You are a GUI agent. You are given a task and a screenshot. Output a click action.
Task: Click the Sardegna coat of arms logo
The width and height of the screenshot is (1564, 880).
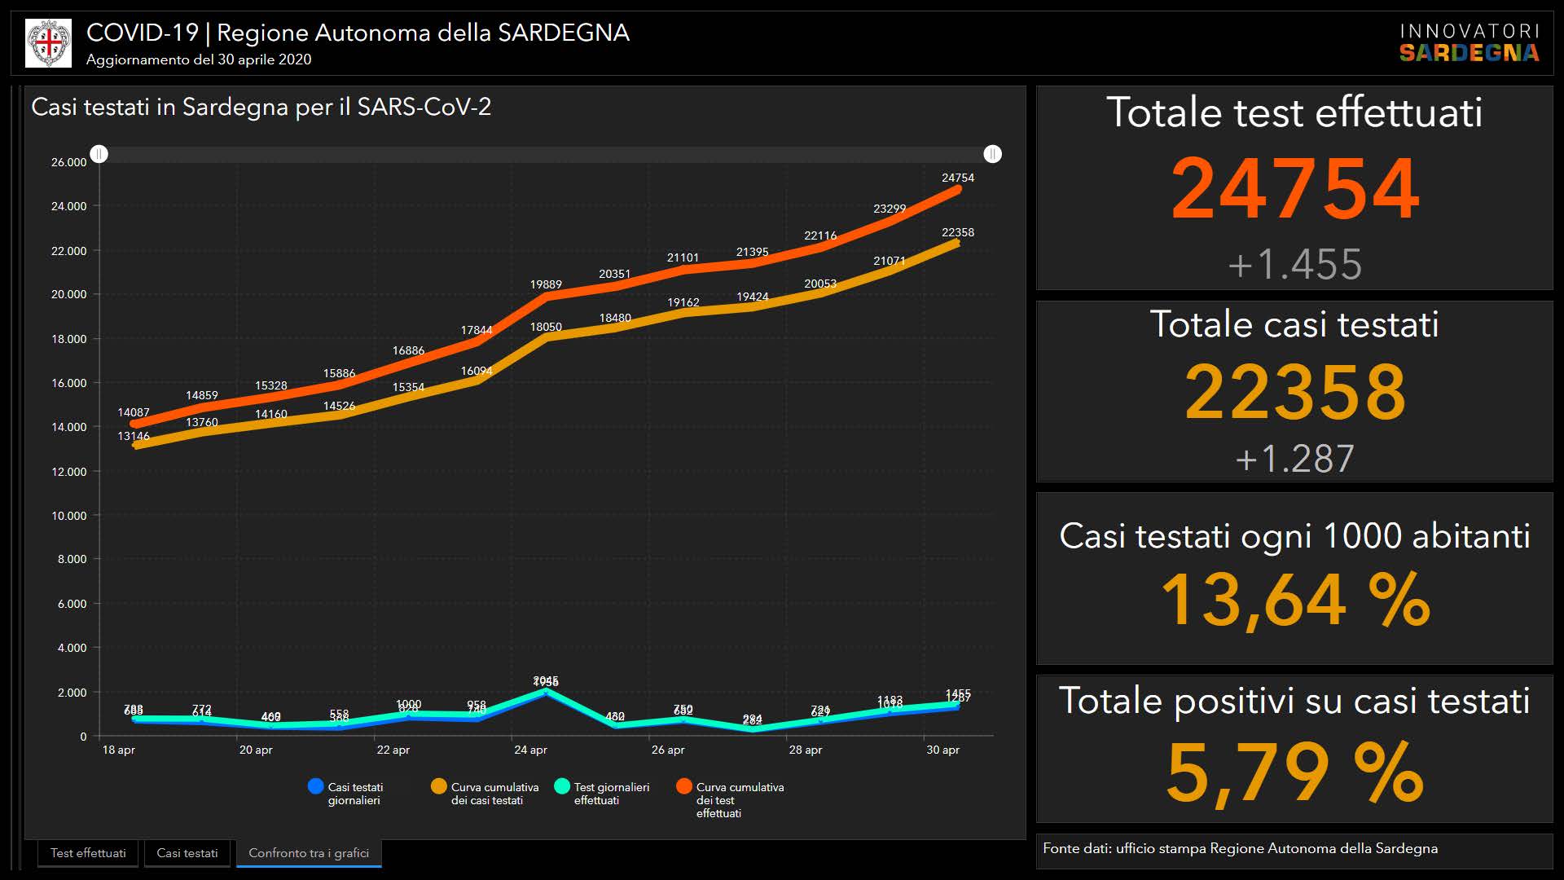(x=48, y=43)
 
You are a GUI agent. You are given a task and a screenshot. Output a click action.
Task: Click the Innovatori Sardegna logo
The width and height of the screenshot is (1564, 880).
(x=1469, y=43)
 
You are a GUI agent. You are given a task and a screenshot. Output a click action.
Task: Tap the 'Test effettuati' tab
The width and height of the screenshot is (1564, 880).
(x=88, y=853)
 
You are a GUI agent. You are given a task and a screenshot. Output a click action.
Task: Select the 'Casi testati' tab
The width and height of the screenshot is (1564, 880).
(x=187, y=853)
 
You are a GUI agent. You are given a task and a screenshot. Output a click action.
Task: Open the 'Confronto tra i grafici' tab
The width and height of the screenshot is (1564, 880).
(x=309, y=853)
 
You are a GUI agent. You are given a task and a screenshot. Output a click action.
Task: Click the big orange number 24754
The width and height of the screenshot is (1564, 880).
(x=1294, y=189)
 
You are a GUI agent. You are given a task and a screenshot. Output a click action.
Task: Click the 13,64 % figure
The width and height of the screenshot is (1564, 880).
(x=1294, y=601)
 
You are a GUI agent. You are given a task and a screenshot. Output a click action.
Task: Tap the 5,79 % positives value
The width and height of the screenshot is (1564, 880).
(x=1294, y=772)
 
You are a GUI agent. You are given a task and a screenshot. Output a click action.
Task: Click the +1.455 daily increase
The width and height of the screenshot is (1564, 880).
(x=1294, y=265)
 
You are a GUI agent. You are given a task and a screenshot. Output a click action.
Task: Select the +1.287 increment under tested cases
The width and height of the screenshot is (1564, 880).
(x=1294, y=459)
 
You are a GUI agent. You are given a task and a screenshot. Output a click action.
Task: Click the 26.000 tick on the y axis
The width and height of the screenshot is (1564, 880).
(x=68, y=162)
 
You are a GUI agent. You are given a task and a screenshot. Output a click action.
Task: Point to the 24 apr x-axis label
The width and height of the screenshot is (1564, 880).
(x=530, y=750)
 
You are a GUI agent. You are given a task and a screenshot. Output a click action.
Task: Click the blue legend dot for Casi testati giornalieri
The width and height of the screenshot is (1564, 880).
(x=316, y=786)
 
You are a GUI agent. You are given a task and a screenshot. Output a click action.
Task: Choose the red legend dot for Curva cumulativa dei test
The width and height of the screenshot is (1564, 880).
(x=684, y=786)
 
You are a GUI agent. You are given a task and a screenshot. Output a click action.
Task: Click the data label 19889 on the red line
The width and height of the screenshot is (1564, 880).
(x=546, y=284)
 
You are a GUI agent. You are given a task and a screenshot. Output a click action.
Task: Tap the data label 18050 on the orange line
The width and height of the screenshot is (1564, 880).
(x=546, y=327)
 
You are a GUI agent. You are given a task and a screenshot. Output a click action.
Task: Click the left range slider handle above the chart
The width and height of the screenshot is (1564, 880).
(x=99, y=154)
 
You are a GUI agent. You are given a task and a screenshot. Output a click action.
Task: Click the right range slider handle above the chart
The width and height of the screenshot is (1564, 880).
(x=992, y=154)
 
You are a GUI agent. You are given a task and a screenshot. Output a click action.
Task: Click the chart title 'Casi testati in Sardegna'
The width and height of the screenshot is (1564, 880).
(x=261, y=107)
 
